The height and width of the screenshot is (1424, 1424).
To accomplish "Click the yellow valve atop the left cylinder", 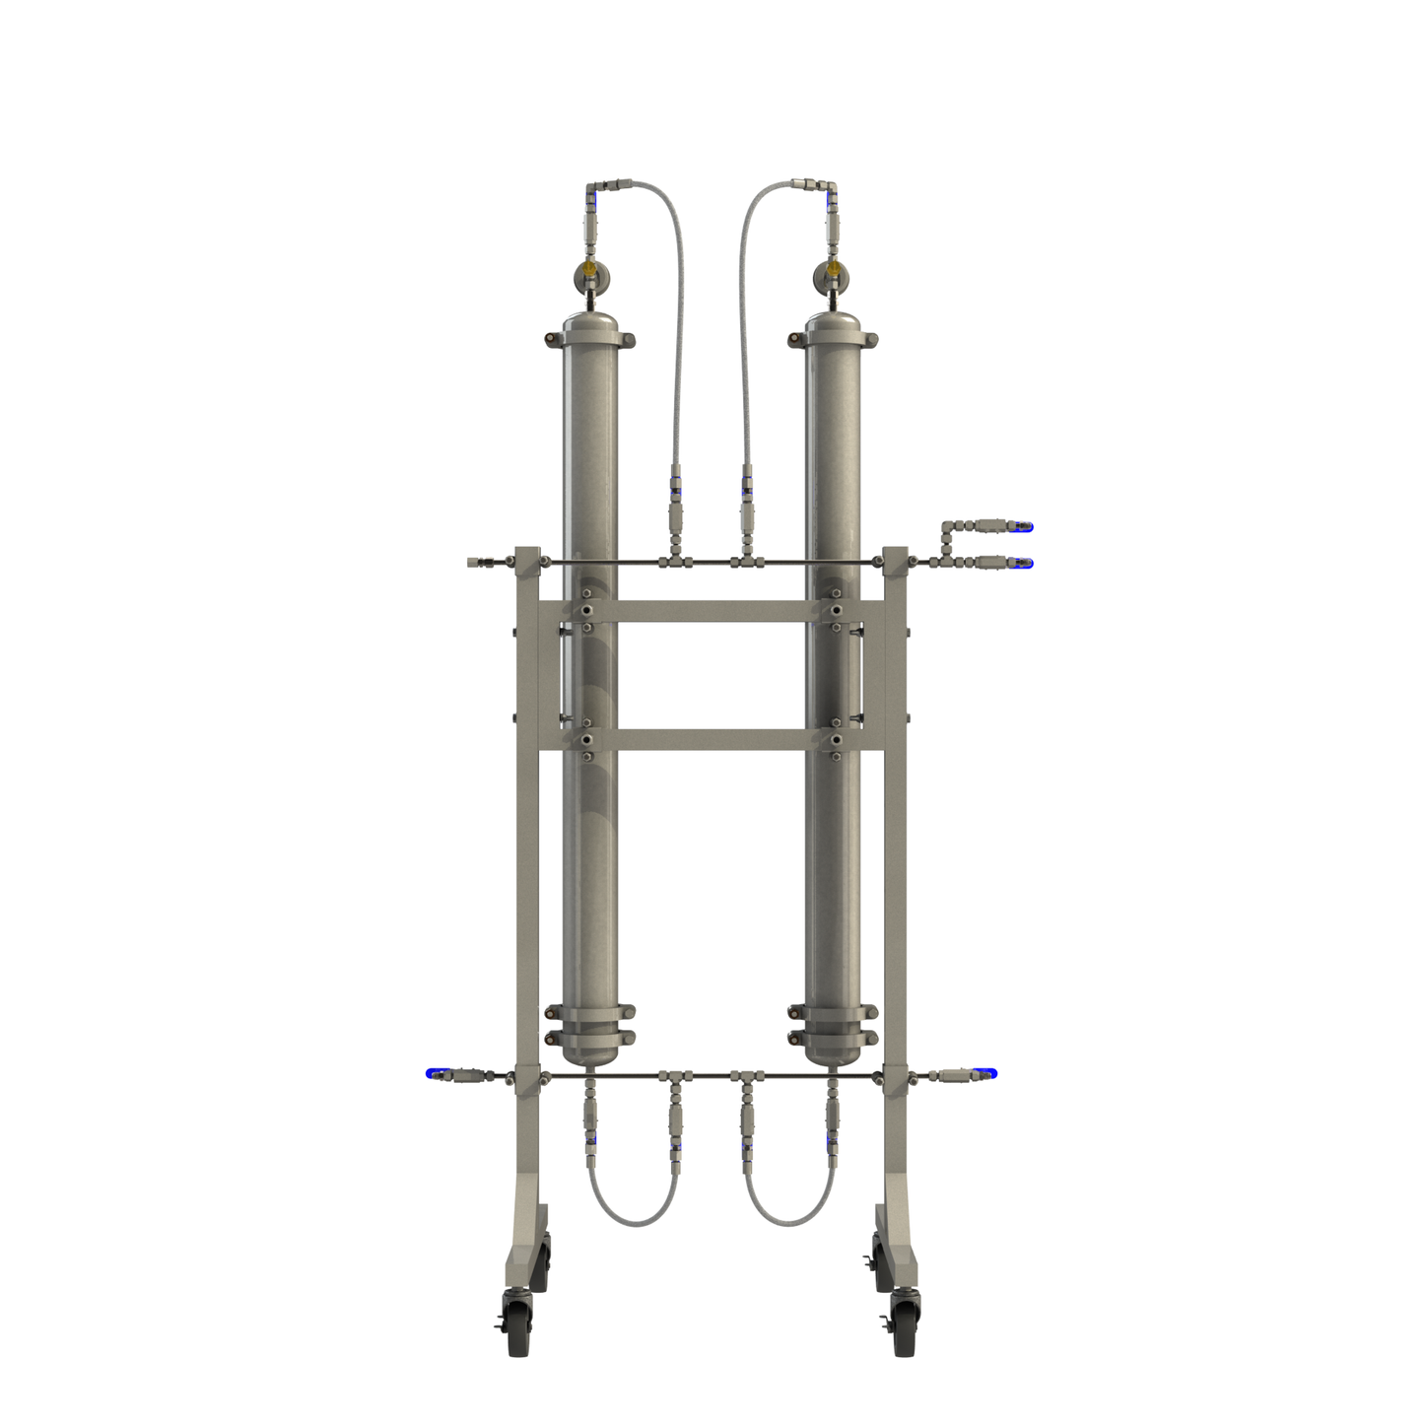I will coord(588,267).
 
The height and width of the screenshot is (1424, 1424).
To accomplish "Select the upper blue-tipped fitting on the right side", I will coord(1025,528).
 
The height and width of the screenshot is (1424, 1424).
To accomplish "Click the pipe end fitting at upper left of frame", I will coord(476,562).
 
